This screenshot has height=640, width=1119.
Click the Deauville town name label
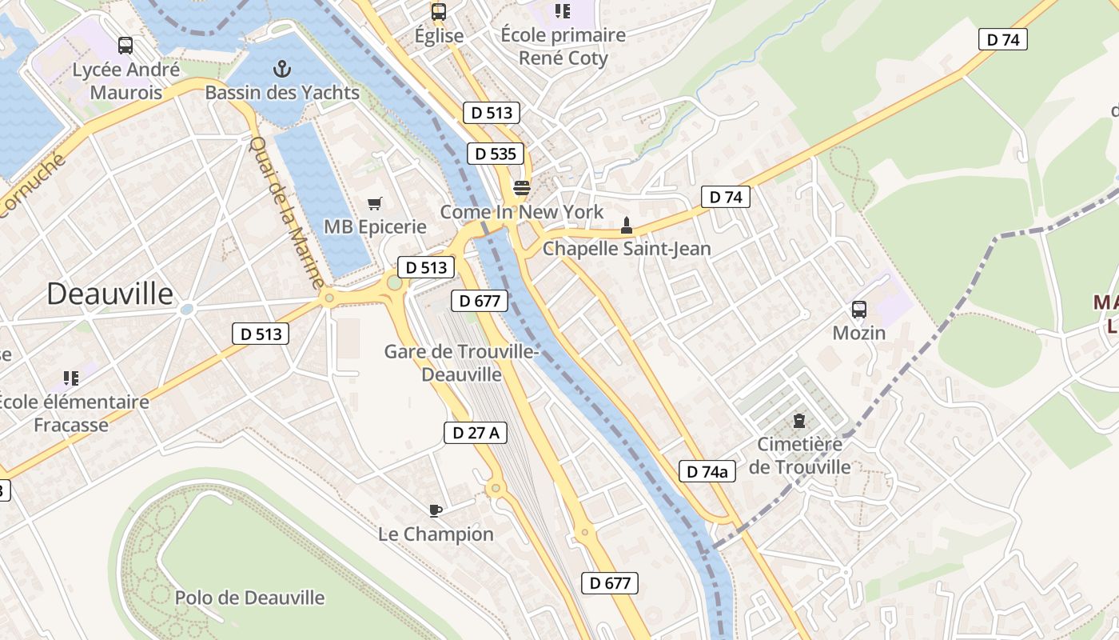pos(110,294)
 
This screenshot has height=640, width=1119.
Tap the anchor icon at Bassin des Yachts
pos(281,69)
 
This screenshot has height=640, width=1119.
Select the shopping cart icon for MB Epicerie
pos(374,204)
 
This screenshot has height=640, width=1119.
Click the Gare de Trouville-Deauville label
pos(462,362)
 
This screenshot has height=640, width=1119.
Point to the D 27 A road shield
pos(476,433)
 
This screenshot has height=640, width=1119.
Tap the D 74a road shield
pos(707,471)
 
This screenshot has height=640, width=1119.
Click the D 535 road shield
pos(495,154)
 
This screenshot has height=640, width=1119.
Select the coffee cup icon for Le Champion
pos(435,510)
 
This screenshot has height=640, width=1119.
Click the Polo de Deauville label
pos(249,598)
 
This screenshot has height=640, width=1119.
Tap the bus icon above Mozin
pos(859,309)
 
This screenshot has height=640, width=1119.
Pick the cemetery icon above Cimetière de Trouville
pos(798,420)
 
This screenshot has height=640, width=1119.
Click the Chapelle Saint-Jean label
pos(627,249)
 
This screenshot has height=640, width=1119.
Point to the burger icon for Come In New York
pos(522,188)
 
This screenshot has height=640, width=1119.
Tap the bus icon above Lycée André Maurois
pos(125,46)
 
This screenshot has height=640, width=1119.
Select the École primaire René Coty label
pos(563,46)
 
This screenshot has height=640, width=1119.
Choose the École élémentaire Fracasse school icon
pos(70,378)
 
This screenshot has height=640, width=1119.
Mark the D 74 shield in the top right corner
pos(1002,39)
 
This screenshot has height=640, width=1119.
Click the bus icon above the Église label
pos(439,11)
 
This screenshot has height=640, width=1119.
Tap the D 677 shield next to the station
pos(480,301)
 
